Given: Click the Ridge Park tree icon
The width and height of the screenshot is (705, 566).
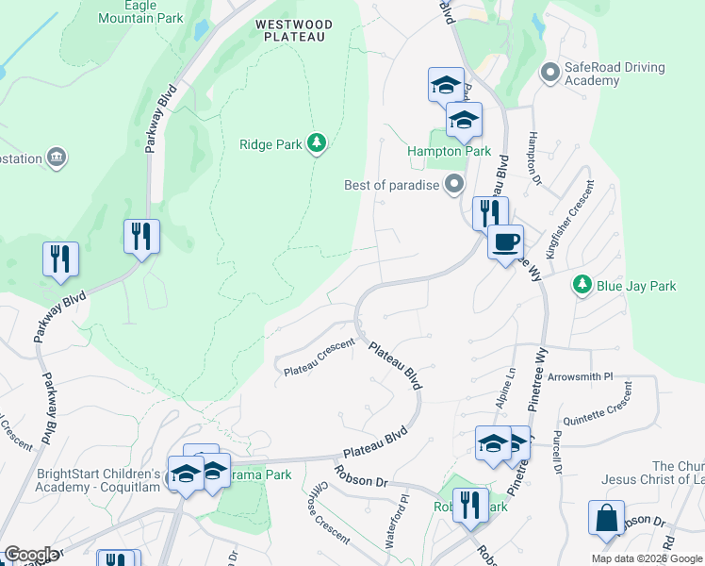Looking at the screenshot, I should pos(320,143).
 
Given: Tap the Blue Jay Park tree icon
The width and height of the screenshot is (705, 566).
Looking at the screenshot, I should pos(582,284).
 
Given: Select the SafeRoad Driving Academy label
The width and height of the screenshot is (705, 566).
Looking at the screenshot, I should pos(615,74).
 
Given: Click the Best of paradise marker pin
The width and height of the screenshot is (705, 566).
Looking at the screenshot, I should pos(455,184).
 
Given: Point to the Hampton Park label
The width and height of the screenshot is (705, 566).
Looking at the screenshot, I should pos(449,151).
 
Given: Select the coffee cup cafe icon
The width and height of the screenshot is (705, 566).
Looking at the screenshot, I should pos(505,241).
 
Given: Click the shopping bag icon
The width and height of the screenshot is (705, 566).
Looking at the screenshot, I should pos(606,518).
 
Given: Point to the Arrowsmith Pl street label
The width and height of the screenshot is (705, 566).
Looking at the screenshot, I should pos(581,375).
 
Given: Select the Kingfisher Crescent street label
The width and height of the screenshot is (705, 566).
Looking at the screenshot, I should pos(577,213).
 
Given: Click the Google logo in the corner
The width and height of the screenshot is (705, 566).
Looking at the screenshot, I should pos(30,555).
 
